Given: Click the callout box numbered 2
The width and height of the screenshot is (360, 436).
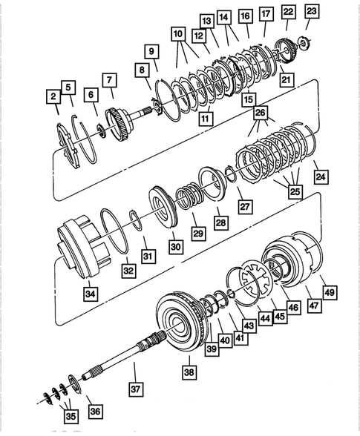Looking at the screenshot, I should [x=53, y=96].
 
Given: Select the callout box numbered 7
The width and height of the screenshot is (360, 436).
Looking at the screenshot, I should [x=109, y=79].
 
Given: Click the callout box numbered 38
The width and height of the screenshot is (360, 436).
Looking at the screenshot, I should [x=189, y=373].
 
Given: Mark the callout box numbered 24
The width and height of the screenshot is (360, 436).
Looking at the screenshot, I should [x=320, y=177].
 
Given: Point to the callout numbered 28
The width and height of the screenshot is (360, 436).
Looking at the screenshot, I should [x=221, y=222].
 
